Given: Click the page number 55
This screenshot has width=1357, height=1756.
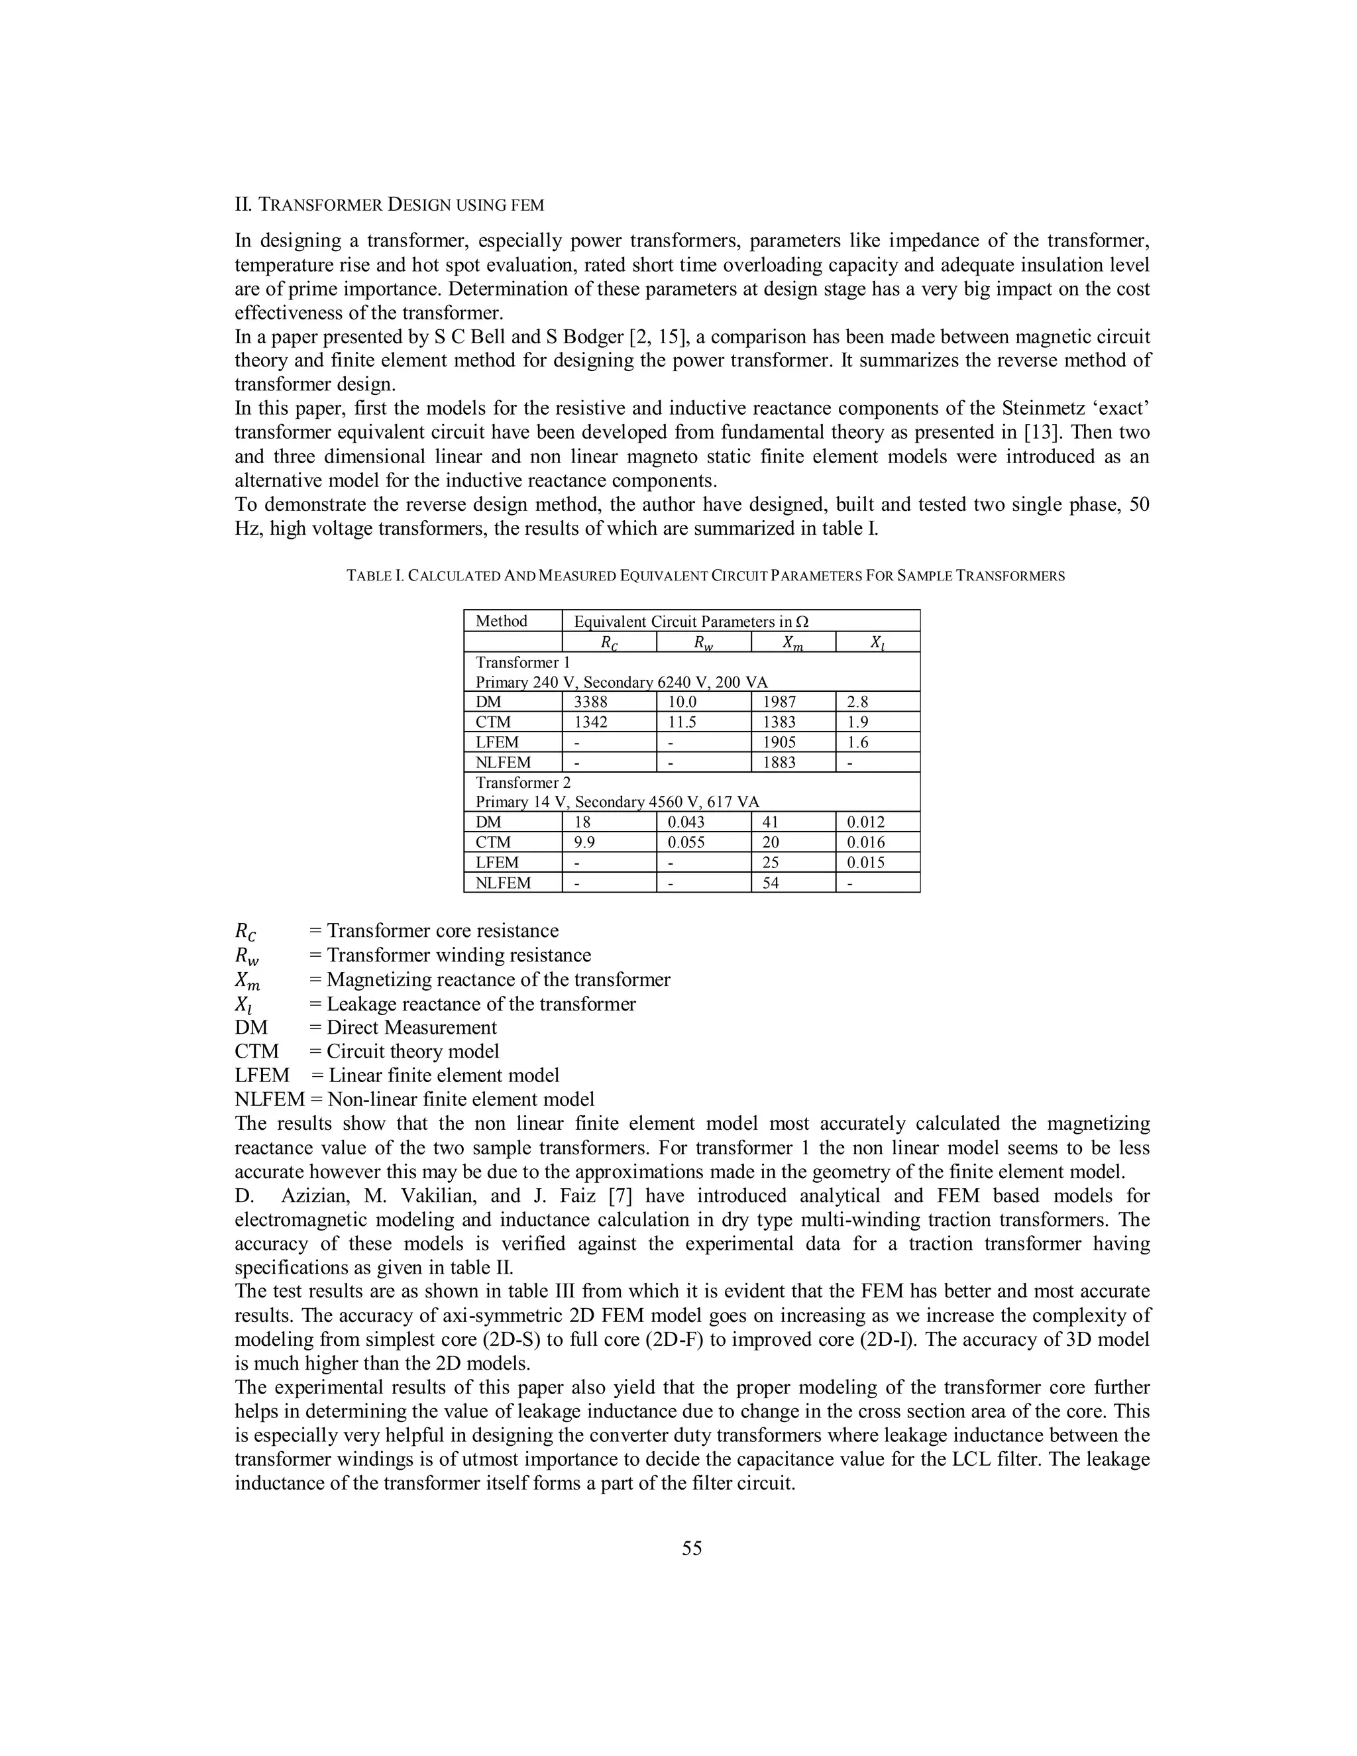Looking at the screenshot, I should (x=691, y=1549).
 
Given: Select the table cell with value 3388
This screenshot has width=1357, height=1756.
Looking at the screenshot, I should (x=591, y=702).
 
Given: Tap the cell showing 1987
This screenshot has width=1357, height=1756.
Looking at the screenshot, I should (x=779, y=702).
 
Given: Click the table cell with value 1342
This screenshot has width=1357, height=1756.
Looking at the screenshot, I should (x=591, y=722).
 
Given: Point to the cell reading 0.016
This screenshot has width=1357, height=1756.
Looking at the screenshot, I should (x=866, y=843).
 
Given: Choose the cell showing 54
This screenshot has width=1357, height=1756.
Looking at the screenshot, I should (x=770, y=883).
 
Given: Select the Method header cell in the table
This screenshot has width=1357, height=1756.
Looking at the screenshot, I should (x=501, y=621).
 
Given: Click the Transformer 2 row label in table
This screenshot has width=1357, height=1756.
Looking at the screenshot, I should (x=523, y=783).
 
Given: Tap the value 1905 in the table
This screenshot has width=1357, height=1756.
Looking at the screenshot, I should (x=779, y=742).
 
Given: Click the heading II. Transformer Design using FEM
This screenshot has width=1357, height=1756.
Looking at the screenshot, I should (x=389, y=204).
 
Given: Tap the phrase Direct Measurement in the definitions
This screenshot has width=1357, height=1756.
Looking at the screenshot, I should (x=411, y=1028).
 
